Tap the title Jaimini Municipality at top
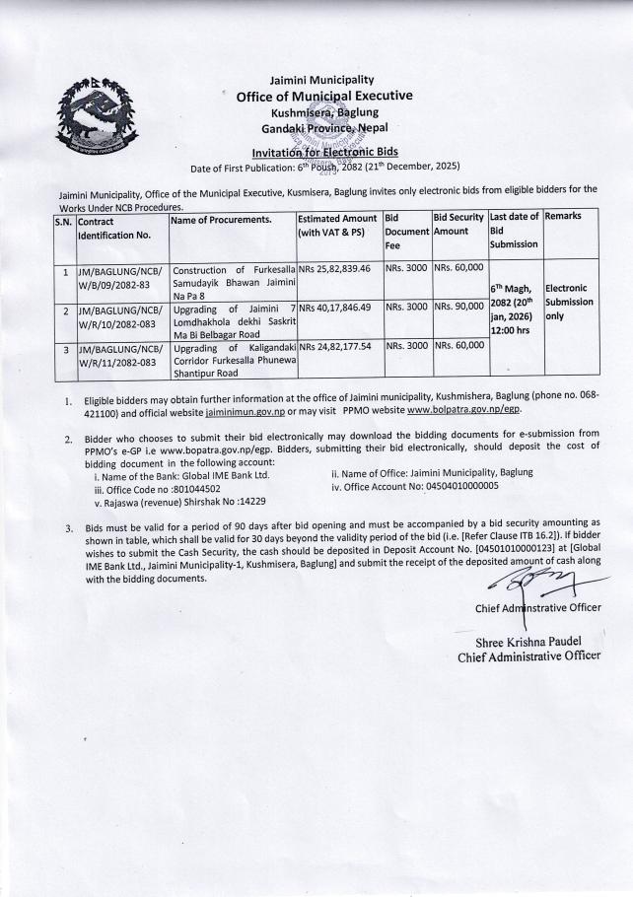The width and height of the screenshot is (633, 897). (x=321, y=80)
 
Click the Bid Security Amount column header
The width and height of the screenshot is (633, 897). (x=458, y=222)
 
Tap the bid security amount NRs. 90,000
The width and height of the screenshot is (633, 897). (x=458, y=308)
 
